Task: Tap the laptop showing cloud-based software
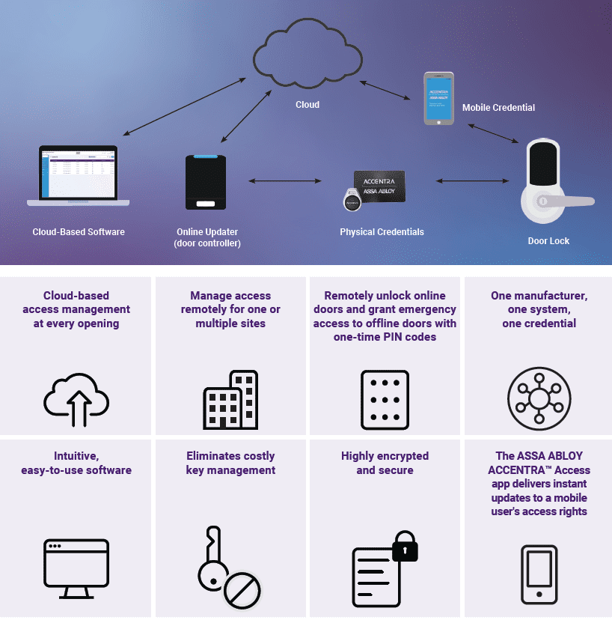[x=78, y=177]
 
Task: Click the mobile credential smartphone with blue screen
[x=438, y=98]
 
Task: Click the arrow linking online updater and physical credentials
[x=285, y=180]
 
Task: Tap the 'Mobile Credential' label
[x=498, y=108]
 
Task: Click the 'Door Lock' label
[x=548, y=241]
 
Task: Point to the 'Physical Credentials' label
[x=382, y=232]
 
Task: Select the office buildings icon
[x=231, y=401]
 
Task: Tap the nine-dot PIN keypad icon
[x=385, y=400]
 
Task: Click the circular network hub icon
[x=539, y=399]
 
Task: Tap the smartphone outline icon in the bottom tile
[x=539, y=574]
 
